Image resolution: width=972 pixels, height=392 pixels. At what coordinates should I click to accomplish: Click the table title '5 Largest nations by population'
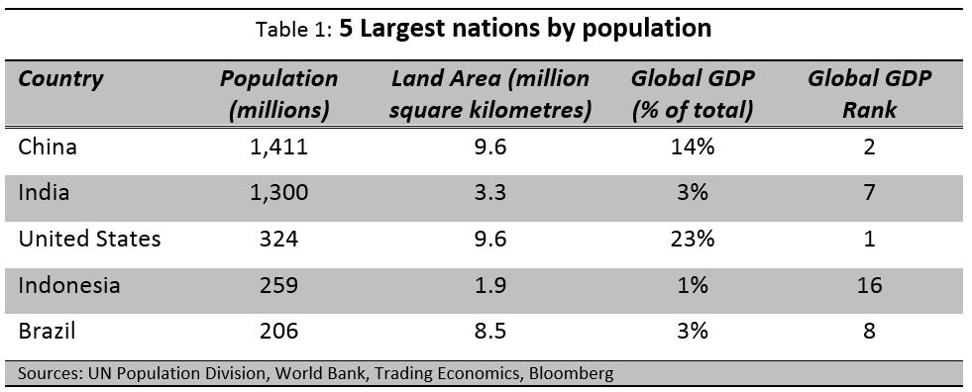[x=525, y=29]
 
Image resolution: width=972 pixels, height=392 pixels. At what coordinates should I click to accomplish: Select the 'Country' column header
[x=60, y=79]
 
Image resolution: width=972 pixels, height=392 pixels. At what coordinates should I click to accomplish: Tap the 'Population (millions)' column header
[x=278, y=94]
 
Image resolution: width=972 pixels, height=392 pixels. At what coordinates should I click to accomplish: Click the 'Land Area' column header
[x=489, y=94]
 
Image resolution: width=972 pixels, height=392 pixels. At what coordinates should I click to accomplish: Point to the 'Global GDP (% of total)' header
[x=693, y=94]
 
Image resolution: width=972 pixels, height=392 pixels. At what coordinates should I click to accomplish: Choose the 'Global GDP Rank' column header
[x=869, y=94]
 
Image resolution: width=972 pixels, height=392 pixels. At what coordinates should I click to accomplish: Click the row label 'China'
[x=48, y=147]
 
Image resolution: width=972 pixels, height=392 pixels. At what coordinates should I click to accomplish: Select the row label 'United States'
[x=89, y=240]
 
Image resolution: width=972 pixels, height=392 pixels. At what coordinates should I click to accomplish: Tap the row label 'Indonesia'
[x=69, y=285]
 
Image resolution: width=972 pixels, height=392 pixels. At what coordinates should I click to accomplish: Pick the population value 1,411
[x=278, y=148]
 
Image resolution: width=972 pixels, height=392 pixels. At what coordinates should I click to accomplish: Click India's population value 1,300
[x=278, y=194]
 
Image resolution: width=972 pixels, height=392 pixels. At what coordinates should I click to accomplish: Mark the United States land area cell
[x=489, y=240]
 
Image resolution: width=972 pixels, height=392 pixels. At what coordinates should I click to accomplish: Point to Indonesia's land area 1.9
[x=489, y=285]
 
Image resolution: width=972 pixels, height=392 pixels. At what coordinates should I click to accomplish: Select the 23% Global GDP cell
[x=693, y=240]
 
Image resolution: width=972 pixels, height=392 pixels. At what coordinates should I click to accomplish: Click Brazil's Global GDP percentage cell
[x=693, y=331]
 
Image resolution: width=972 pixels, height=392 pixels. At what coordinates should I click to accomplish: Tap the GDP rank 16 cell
[x=869, y=285]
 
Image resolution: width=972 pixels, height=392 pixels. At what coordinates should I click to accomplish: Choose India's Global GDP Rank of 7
[x=869, y=194]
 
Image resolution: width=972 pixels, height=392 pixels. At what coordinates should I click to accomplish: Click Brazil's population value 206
[x=278, y=331]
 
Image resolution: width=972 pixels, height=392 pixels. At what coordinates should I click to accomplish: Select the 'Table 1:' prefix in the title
[x=294, y=31]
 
